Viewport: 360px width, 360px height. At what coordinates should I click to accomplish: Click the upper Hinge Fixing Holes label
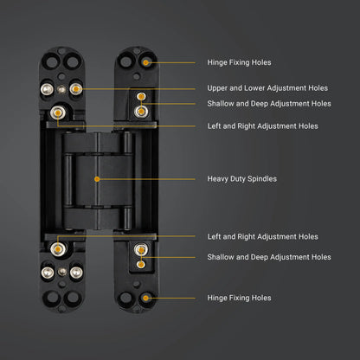(x=239, y=62)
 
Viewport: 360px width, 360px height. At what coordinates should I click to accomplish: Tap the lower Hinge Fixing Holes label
(x=239, y=298)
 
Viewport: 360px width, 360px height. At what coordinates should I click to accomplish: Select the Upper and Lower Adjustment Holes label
(x=267, y=88)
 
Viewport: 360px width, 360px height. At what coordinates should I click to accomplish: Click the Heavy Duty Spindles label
(x=242, y=179)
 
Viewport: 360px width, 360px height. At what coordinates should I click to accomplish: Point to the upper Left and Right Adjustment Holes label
(x=262, y=126)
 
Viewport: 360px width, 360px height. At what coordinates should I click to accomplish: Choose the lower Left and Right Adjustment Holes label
(x=262, y=237)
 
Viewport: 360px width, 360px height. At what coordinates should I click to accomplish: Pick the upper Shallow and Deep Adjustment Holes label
(x=269, y=104)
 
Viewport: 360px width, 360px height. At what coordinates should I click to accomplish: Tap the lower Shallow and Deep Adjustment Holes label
(x=269, y=257)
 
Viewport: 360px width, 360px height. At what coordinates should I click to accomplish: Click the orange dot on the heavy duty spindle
(x=97, y=179)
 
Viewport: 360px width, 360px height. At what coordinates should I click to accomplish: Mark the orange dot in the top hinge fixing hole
(x=146, y=62)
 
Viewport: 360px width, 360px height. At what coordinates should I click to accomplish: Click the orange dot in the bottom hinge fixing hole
(x=146, y=298)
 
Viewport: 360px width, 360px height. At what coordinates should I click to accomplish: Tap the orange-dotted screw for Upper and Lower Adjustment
(x=76, y=89)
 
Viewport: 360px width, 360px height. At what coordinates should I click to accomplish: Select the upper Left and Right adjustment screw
(x=58, y=112)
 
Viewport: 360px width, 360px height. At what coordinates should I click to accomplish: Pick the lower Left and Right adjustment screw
(x=58, y=249)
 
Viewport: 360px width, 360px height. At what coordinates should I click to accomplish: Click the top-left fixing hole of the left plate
(x=51, y=62)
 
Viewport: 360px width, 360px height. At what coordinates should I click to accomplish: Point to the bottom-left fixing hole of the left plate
(x=52, y=297)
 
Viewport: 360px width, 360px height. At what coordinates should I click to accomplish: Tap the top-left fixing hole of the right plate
(x=125, y=61)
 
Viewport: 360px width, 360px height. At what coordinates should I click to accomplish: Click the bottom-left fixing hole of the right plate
(x=125, y=298)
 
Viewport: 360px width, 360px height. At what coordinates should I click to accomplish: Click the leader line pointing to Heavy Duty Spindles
(x=146, y=179)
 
